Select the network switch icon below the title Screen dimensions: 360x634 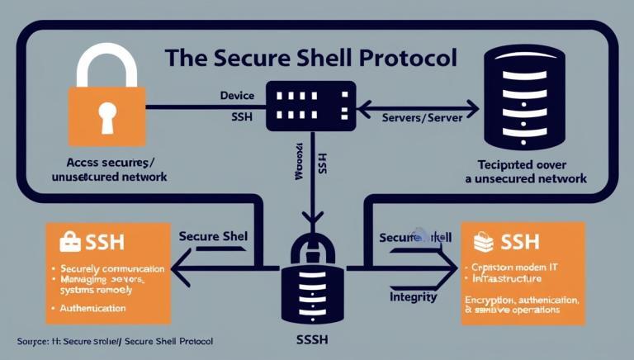[310, 105]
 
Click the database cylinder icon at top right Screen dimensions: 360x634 [526, 97]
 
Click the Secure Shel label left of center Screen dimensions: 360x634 [212, 236]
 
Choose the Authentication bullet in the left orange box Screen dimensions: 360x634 [92, 308]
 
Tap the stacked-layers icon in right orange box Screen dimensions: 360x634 [483, 241]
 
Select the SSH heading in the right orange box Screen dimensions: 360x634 [520, 241]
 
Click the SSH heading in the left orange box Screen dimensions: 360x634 [105, 241]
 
